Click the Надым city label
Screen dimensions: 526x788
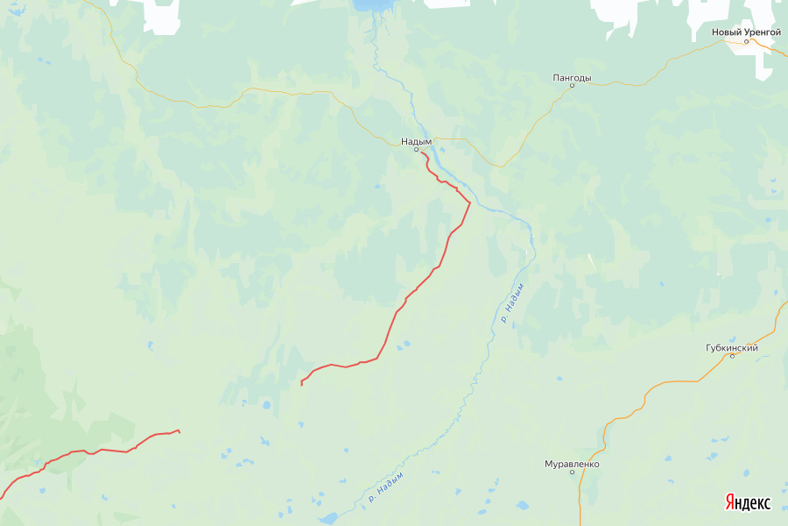coord(417,140)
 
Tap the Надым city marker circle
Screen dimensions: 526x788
coord(417,149)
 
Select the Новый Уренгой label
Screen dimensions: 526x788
coord(745,32)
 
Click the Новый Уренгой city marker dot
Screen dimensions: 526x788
coord(746,41)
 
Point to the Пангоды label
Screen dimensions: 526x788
coord(572,77)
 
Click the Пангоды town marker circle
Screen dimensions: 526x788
coord(572,86)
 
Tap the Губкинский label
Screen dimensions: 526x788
coord(731,347)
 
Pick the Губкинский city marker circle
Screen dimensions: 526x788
coord(732,356)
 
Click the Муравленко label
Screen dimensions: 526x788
coord(572,463)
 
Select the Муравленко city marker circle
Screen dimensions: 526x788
coord(573,472)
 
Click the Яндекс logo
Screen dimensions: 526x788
coord(748,503)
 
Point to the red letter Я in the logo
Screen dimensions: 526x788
coord(729,503)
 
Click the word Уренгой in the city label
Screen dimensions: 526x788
coord(761,32)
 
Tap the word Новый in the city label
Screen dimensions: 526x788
coord(727,32)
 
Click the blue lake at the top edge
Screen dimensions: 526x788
coord(372,5)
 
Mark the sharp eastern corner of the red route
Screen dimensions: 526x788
coord(470,203)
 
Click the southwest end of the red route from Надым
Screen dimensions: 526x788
coord(301,384)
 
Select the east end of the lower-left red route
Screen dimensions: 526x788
coord(179,430)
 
